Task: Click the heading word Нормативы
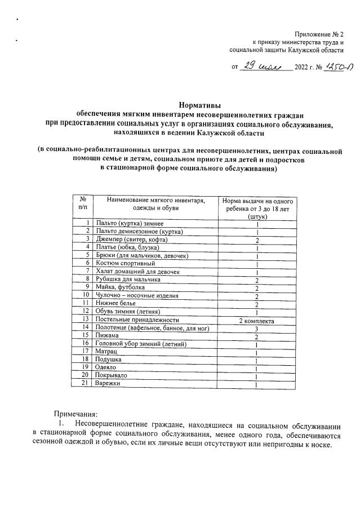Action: (199, 104)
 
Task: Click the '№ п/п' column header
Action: (83, 205)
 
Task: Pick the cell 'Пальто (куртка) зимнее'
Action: (130, 224)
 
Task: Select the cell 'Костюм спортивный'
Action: (125, 263)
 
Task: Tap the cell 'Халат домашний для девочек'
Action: (138, 271)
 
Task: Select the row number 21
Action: (86, 383)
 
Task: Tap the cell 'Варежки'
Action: (109, 383)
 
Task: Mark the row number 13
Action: (86, 319)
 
